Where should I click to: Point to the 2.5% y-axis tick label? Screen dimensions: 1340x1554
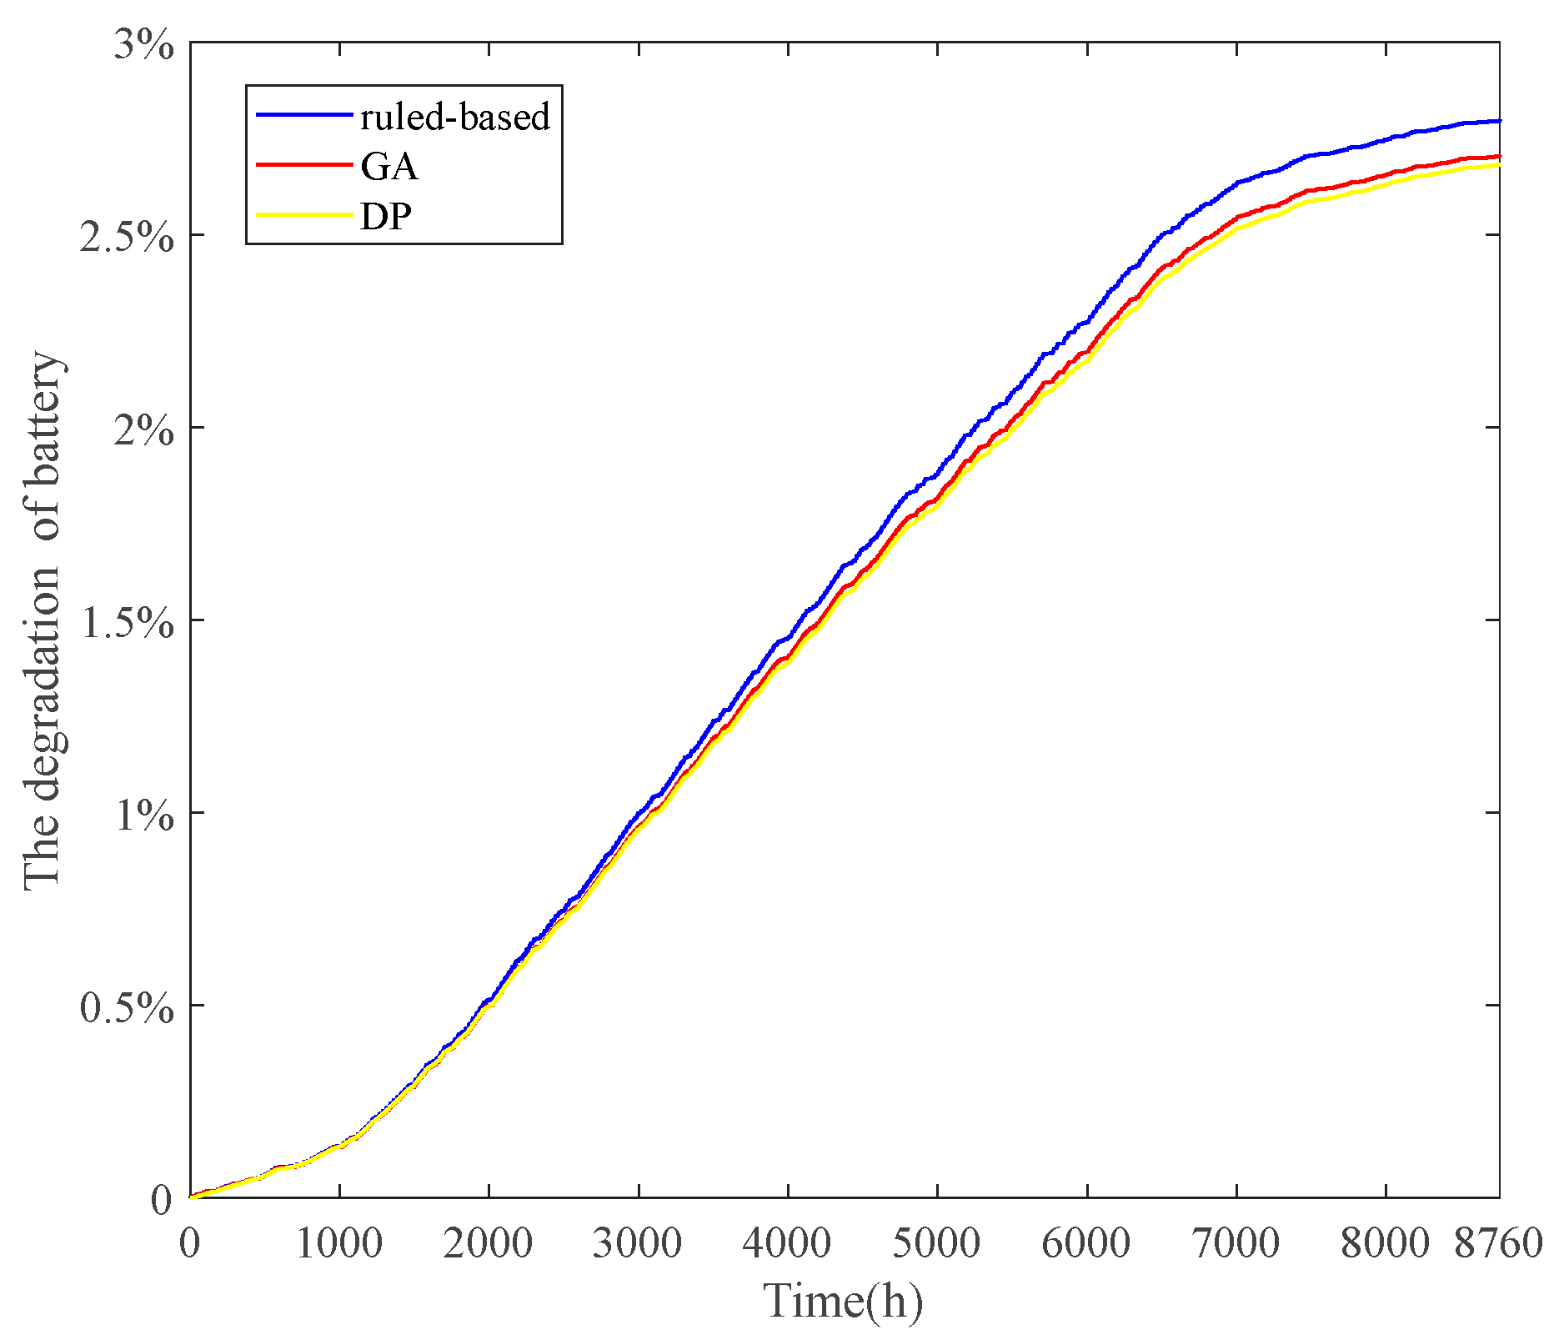tap(127, 238)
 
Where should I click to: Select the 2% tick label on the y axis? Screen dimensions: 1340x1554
tap(143, 430)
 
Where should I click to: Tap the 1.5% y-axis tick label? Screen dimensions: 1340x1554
tap(127, 623)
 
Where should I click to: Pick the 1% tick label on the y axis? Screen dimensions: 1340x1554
tap(143, 816)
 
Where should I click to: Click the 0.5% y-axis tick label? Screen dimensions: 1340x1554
tap(127, 1008)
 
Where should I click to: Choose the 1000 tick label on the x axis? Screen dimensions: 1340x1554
tap(338, 1243)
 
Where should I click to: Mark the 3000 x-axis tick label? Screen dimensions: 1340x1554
tap(638, 1243)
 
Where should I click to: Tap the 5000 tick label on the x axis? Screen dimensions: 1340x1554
tap(937, 1243)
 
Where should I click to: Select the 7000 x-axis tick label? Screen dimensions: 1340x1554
tap(1236, 1243)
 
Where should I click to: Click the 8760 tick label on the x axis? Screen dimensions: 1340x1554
tap(1498, 1243)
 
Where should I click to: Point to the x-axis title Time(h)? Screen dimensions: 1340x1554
tap(844, 1301)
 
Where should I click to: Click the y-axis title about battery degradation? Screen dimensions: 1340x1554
tap(42, 621)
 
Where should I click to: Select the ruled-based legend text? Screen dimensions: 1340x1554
tap(455, 117)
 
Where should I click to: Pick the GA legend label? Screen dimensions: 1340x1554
tap(389, 167)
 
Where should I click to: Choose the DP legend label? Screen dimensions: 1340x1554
tap(386, 217)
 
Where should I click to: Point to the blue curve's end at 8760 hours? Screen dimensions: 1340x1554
tap(1498, 122)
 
